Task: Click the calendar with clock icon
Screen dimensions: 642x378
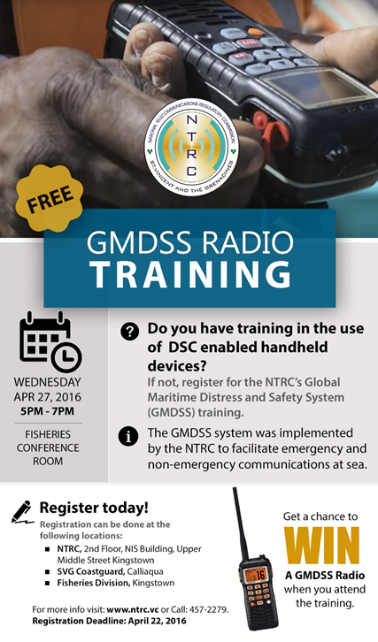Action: pyautogui.click(x=50, y=340)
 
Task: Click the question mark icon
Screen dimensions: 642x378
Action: pyautogui.click(x=130, y=331)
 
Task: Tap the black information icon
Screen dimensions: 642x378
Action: pyautogui.click(x=130, y=434)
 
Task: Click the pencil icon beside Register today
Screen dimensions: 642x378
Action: pyautogui.click(x=22, y=509)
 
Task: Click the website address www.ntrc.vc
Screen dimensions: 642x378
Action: pyautogui.click(x=132, y=609)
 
